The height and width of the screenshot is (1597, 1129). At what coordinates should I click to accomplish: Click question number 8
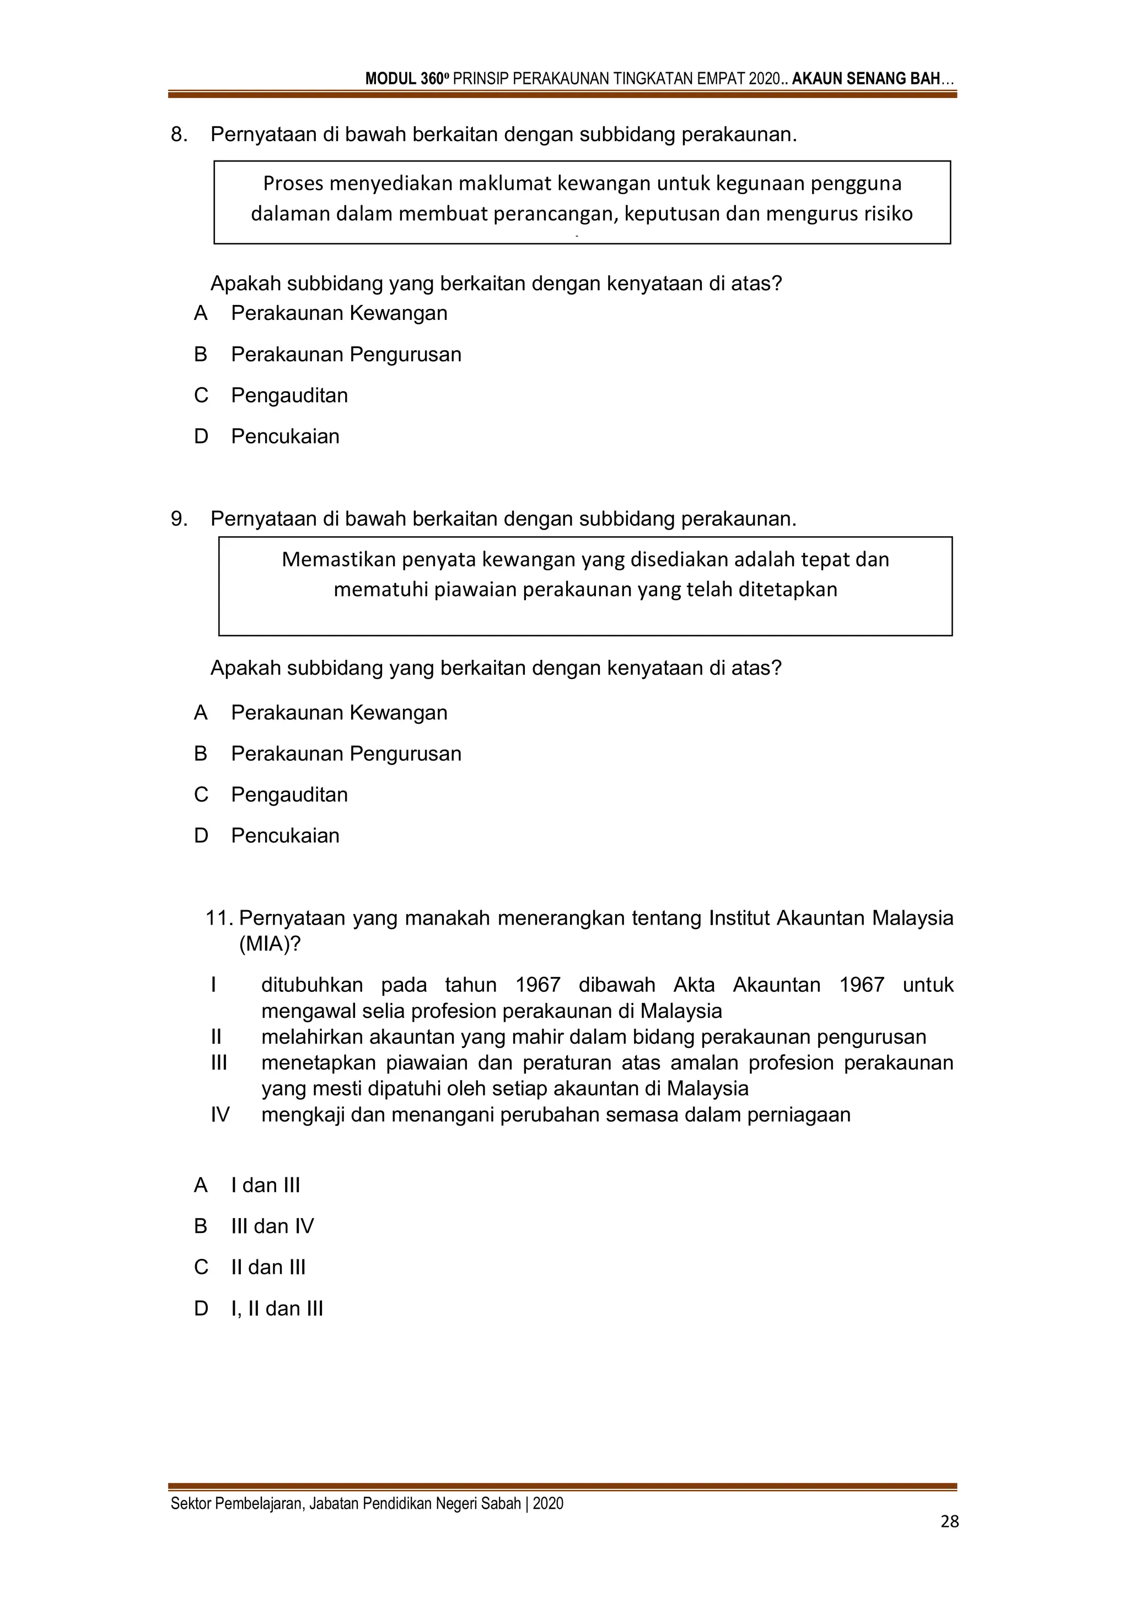point(179,134)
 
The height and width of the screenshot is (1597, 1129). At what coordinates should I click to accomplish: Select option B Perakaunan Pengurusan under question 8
point(346,354)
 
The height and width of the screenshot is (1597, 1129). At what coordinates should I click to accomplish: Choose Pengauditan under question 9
point(289,794)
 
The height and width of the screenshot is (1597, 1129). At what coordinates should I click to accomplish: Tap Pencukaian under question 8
point(285,436)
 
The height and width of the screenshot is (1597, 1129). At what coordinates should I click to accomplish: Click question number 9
point(179,519)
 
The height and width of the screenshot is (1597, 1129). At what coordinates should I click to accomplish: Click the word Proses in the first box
point(293,184)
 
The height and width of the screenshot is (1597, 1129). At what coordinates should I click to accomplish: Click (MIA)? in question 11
point(270,944)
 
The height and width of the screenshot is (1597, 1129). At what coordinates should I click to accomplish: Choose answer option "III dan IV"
point(272,1226)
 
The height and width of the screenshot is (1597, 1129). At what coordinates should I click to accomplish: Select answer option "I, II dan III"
point(277,1308)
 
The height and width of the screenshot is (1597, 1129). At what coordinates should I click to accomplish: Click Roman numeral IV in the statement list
point(220,1115)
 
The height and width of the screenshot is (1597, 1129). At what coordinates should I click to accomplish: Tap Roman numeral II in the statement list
point(216,1037)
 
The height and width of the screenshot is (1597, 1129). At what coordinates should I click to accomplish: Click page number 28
point(949,1521)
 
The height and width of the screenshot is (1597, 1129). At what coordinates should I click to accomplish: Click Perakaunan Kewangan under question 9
point(338,712)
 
